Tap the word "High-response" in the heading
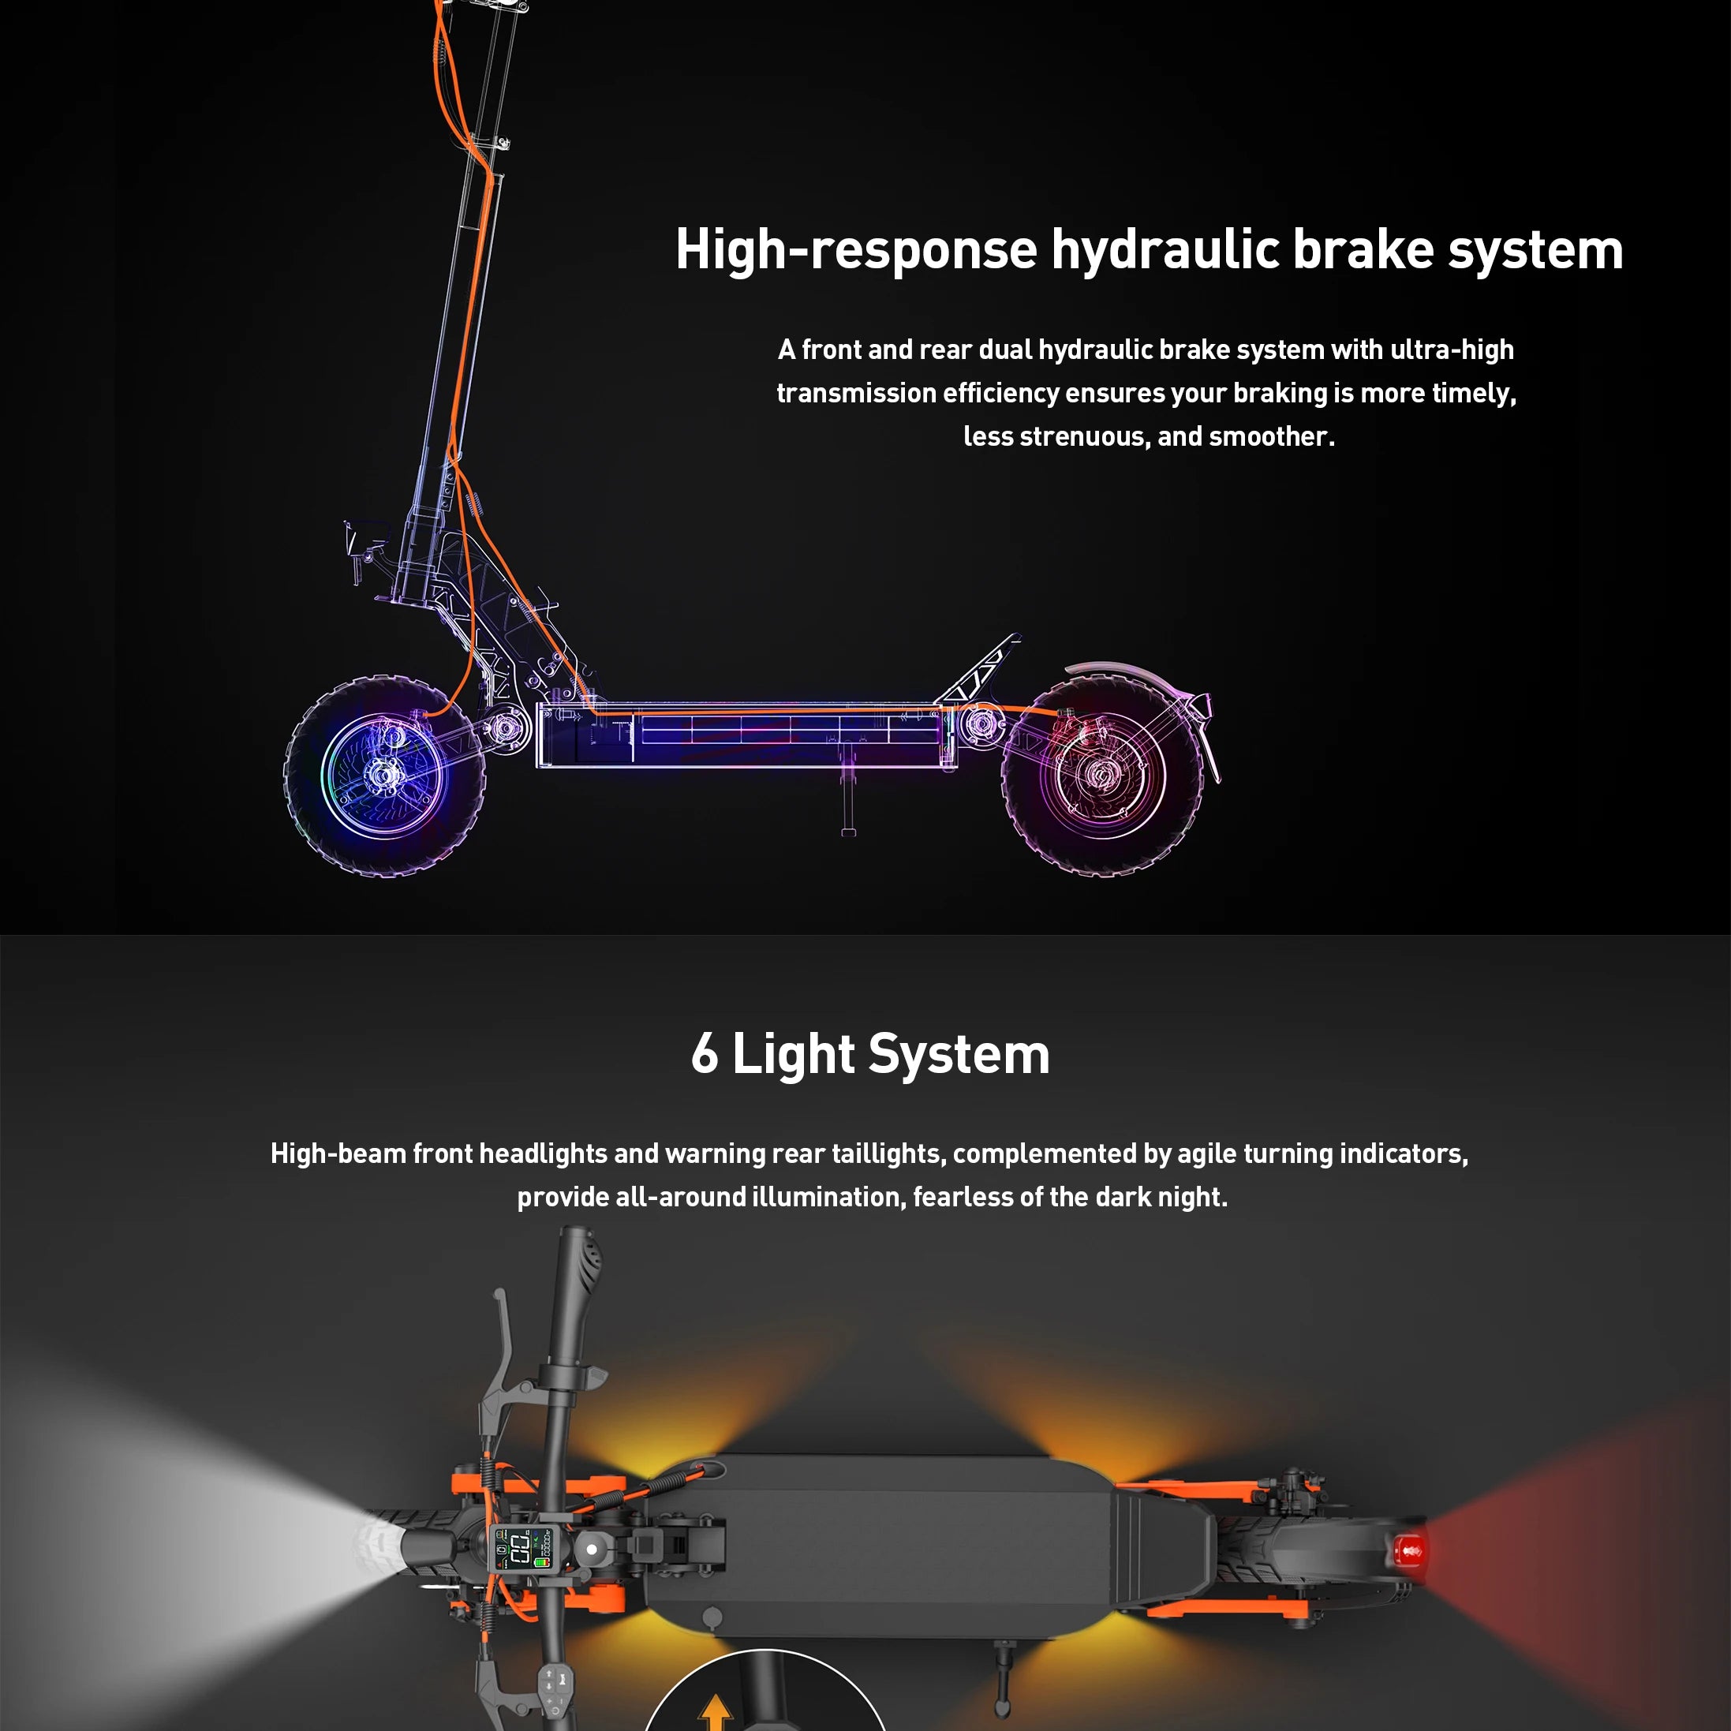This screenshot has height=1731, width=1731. click(856, 251)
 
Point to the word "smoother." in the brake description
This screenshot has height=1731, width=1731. click(1273, 436)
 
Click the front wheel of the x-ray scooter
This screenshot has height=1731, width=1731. click(385, 777)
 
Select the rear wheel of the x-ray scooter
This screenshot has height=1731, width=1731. click(1102, 776)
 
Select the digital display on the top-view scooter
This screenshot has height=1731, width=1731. click(521, 1547)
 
